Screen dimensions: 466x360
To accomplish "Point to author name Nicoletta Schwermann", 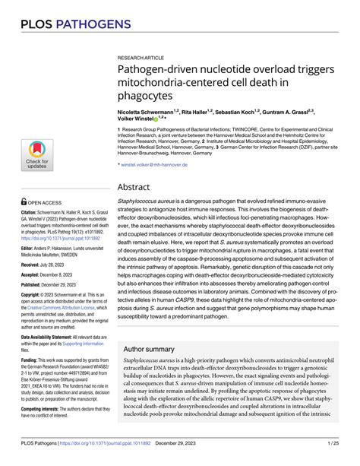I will pos(147,111).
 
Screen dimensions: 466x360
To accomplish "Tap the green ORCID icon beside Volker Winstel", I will pos(156,119).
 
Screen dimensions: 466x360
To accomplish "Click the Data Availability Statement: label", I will pos(52,336).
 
